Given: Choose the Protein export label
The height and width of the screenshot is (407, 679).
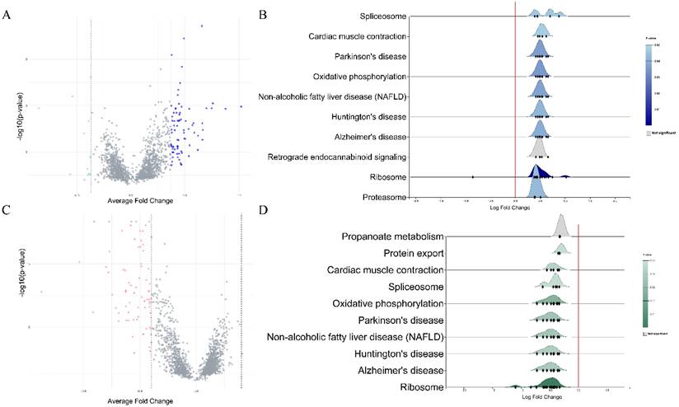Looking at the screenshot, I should (415, 253).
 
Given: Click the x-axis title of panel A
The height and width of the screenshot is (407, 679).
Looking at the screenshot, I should (140, 201).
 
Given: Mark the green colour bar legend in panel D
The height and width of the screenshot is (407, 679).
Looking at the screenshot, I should (648, 288).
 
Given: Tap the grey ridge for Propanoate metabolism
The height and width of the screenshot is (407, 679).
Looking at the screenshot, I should (562, 226).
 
